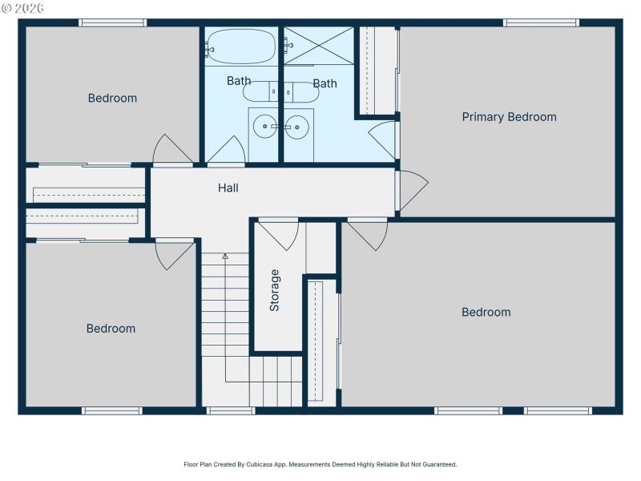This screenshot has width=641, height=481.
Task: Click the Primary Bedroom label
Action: pos(509,117)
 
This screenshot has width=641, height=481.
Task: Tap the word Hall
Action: pos(228,188)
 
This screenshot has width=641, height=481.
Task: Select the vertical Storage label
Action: pos(275,290)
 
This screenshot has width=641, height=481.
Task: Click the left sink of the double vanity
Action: pos(263,126)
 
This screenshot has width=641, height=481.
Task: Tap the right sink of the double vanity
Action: pos(297,126)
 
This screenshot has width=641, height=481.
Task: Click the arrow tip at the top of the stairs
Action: pos(225,256)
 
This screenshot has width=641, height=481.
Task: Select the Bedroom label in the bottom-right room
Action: pos(486,313)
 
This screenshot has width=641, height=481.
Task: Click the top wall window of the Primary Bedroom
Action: pos(541,22)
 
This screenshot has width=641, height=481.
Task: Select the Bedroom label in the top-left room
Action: pos(112,99)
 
